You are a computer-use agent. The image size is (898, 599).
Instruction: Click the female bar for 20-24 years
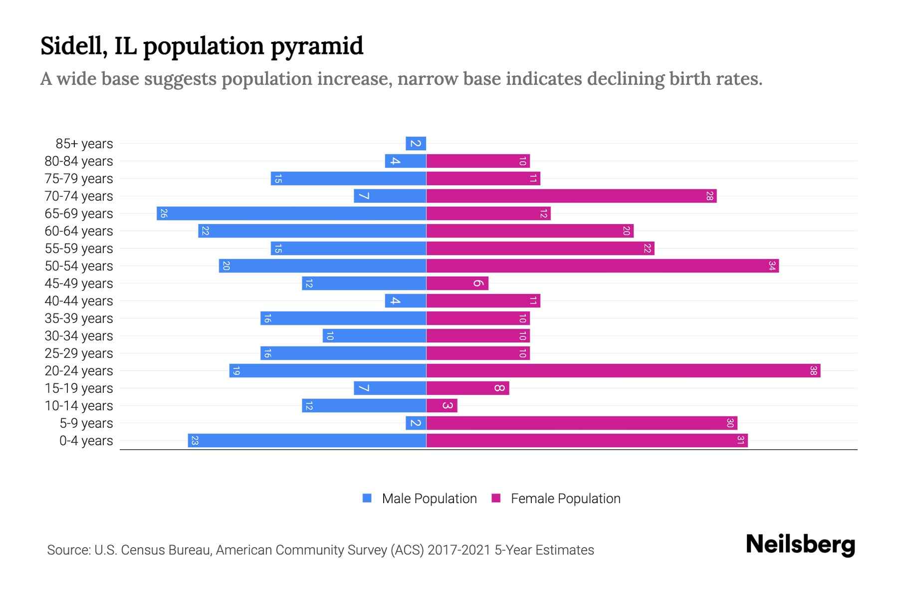[x=623, y=371]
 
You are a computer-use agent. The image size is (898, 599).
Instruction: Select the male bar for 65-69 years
[x=291, y=214]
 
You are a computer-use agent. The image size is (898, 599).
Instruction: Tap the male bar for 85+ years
[x=416, y=144]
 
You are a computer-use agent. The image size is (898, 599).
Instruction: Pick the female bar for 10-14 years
[x=442, y=406]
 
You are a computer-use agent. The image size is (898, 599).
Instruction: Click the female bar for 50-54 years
[x=602, y=266]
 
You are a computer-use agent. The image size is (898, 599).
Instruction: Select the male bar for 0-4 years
[x=307, y=441]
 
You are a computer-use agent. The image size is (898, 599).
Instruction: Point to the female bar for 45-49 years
[x=457, y=284]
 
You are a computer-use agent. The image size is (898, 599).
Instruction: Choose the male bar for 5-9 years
[x=416, y=423]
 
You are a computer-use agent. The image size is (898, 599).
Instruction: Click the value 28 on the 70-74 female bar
[x=709, y=196]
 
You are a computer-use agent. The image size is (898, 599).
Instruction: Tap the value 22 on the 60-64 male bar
[x=205, y=231]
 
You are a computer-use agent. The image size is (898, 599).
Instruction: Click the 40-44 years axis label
[x=79, y=301]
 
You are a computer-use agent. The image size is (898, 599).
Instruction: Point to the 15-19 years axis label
[x=79, y=388]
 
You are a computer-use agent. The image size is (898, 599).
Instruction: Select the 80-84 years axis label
[x=79, y=161]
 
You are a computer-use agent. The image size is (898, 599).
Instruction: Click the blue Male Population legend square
[x=367, y=498]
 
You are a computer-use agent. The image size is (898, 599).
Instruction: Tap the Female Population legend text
[x=565, y=499]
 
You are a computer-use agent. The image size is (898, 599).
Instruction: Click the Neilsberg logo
[x=800, y=545]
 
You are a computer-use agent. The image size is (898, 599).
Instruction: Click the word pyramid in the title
[x=317, y=46]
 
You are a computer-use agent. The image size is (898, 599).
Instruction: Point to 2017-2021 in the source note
[x=459, y=550]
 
